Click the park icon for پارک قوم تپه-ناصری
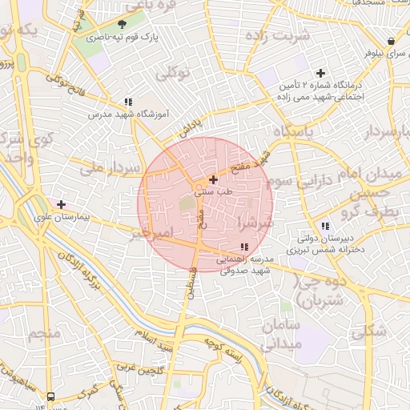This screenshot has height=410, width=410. tap(122, 25)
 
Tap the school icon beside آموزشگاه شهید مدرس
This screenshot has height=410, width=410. tap(127, 102)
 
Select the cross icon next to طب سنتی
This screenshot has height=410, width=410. tap(213, 179)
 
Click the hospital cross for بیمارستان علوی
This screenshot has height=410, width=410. tap(61, 204)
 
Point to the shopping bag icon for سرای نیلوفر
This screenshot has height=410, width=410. tap(391, 41)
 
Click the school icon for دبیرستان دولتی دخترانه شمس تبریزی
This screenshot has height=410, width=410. tap(324, 227)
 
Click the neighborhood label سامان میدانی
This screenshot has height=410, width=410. tap(279, 336)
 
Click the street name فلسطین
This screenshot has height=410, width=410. tap(191, 283)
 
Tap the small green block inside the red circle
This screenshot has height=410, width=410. tap(187, 203)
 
